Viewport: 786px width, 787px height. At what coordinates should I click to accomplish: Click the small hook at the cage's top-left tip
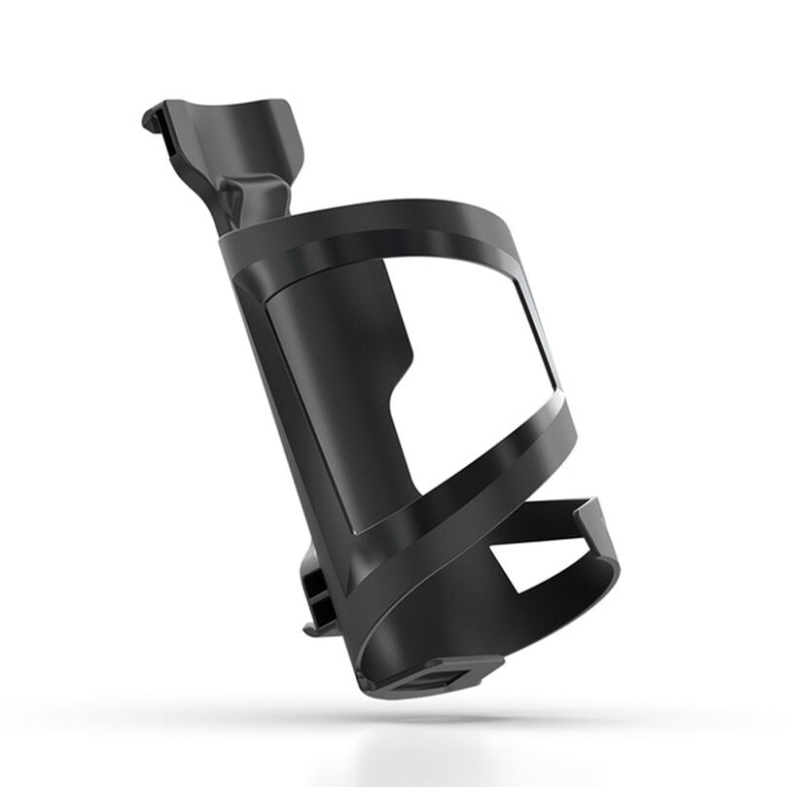(151, 119)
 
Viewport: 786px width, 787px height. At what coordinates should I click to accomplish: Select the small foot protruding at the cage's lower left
(313, 627)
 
